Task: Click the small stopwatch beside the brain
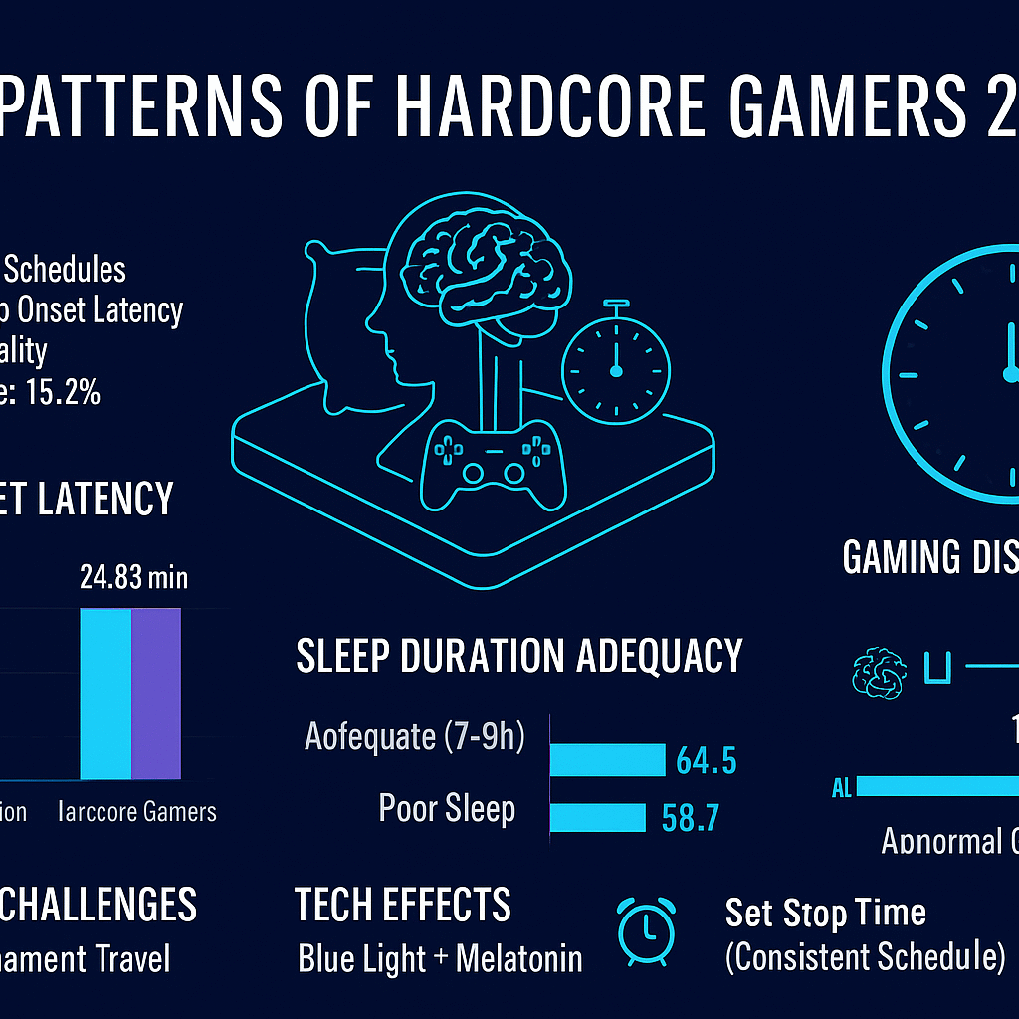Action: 615,367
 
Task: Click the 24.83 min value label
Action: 133,578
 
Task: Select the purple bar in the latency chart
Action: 156,694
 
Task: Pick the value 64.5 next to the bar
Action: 706,762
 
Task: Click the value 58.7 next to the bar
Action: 690,819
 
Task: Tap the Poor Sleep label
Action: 447,809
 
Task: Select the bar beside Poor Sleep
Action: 598,817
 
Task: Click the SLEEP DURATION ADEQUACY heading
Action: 519,657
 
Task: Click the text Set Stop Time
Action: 825,913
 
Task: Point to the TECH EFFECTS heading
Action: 403,906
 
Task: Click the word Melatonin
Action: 518,959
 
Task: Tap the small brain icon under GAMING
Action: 880,674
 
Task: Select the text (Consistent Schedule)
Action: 865,957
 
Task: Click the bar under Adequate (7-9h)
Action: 607,759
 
